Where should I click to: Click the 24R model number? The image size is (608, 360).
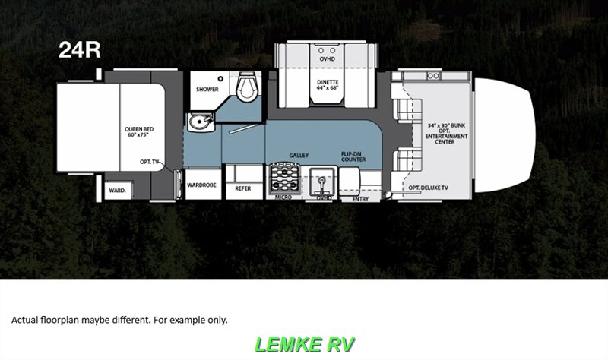80,50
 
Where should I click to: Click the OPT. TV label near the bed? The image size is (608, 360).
149,163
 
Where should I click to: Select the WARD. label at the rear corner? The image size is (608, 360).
117,190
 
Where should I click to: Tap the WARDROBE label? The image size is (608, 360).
204,184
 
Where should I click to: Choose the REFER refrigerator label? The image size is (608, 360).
243,188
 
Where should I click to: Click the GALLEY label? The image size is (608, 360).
299,155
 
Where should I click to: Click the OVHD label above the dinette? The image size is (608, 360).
327,58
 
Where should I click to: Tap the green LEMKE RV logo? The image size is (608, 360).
304,344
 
